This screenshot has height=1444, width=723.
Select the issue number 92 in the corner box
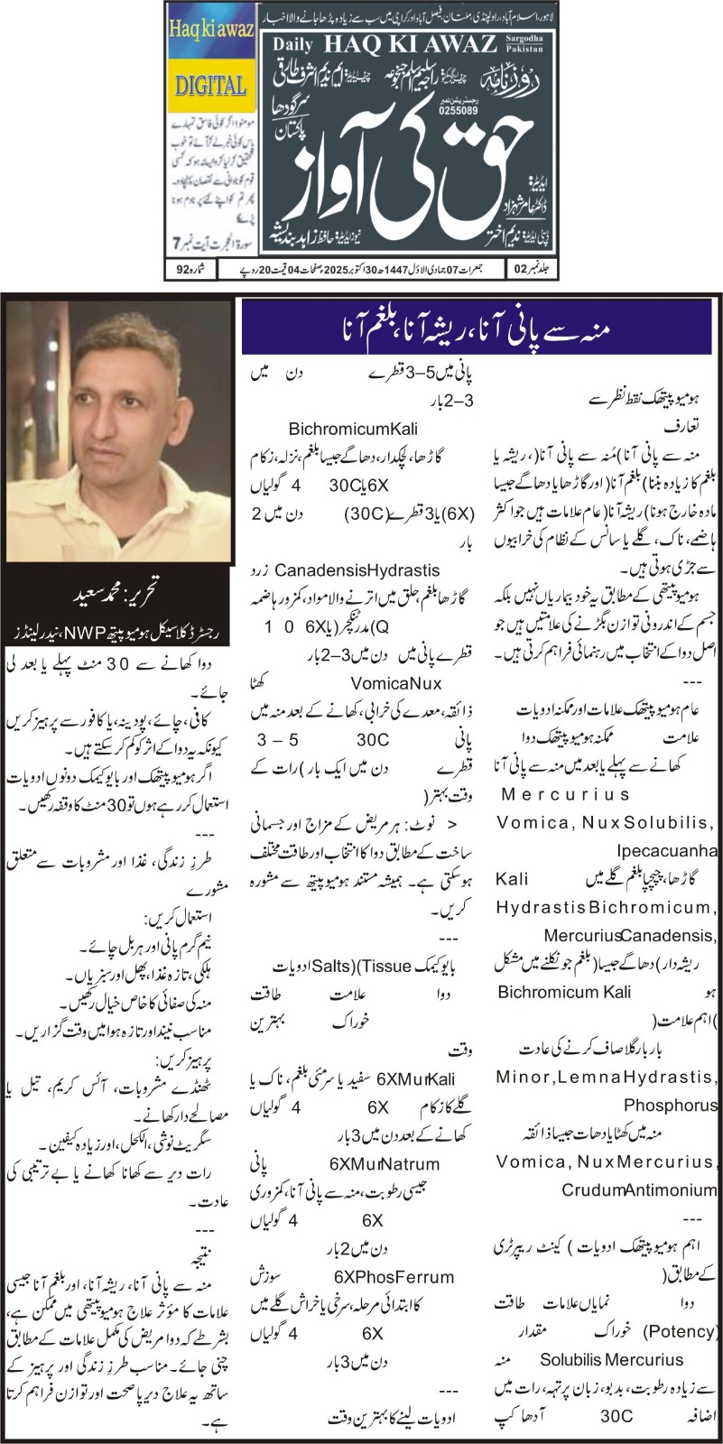pyautogui.click(x=182, y=268)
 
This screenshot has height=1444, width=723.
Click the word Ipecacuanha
pyautogui.click(x=667, y=850)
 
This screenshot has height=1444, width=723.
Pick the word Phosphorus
pyautogui.click(x=670, y=1105)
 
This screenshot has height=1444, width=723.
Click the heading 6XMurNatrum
pyautogui.click(x=397, y=1164)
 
